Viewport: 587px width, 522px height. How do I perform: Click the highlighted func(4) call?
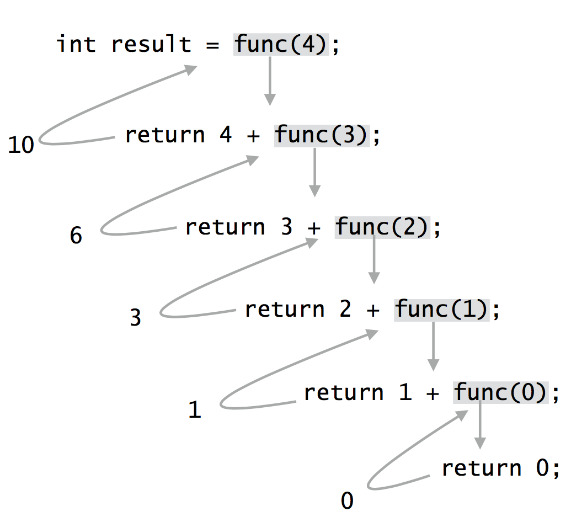(281, 45)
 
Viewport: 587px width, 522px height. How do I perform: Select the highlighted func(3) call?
(322, 135)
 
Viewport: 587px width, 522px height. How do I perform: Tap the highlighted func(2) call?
(382, 227)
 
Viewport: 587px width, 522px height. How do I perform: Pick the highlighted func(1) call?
(441, 309)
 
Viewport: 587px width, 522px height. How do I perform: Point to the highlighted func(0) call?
(501, 392)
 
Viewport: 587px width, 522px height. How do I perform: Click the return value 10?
(22, 145)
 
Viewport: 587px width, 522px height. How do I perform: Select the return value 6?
(76, 236)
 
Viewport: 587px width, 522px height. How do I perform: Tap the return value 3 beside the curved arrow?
(136, 318)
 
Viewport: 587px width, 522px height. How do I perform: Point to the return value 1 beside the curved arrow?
(195, 410)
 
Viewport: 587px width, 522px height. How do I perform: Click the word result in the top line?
(151, 45)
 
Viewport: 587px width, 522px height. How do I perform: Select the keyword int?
(76, 45)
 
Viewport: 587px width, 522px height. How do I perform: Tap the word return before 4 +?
(165, 135)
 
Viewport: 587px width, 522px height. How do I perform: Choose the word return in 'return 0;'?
(481, 468)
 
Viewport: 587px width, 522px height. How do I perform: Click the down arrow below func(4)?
(270, 81)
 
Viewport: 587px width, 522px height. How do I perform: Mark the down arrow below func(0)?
(480, 425)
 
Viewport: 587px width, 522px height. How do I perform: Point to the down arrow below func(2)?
(374, 259)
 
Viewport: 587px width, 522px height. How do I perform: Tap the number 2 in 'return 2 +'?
(345, 309)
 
